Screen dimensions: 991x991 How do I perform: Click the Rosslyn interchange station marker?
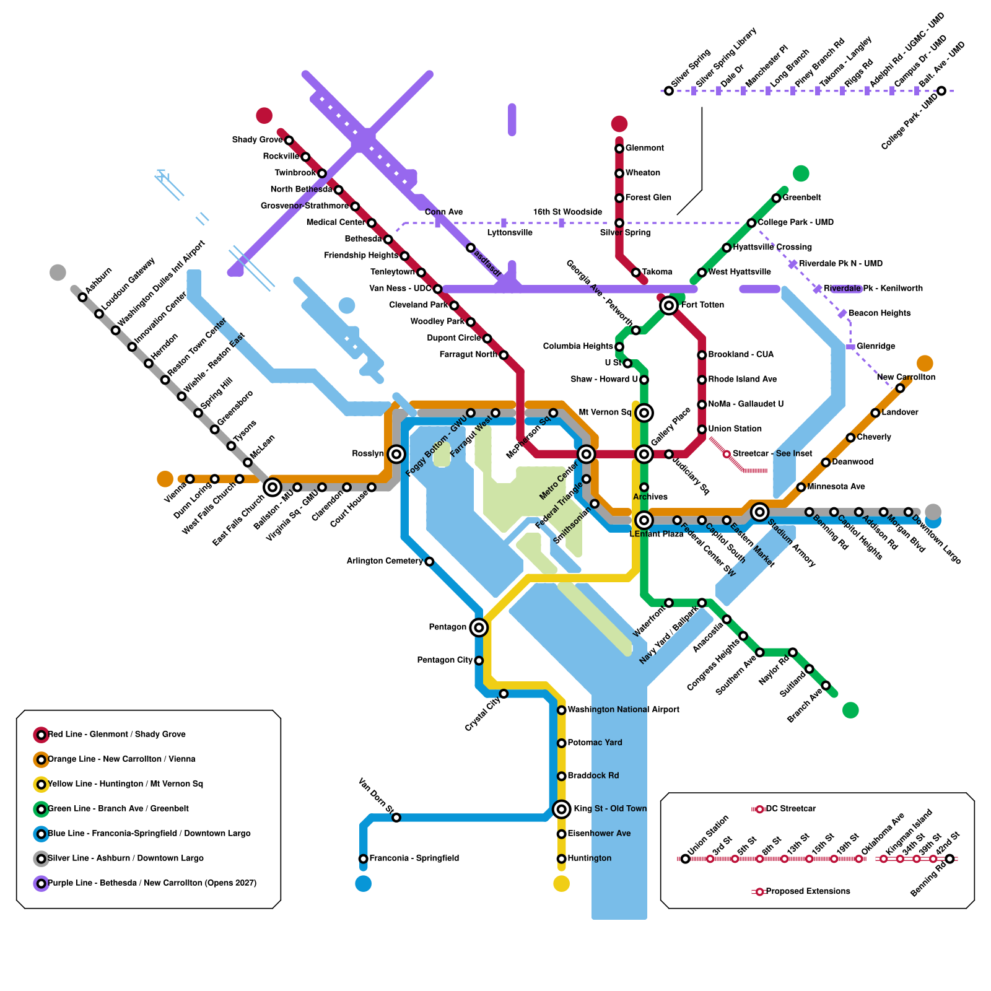(396, 454)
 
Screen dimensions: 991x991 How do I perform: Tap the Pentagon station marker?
(478, 627)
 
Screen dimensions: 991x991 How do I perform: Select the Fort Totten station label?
(702, 305)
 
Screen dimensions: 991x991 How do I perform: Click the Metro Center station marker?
(586, 454)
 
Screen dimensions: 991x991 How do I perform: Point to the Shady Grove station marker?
(289, 141)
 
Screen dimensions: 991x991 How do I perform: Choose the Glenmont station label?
(644, 148)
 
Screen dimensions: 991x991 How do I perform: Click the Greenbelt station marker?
(776, 198)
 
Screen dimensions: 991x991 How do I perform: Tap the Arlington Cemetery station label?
(385, 561)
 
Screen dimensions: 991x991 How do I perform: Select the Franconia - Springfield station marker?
(364, 858)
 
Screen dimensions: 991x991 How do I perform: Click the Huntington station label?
(589, 858)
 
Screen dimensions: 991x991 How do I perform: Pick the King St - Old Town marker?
(561, 809)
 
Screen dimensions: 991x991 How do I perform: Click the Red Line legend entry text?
(116, 735)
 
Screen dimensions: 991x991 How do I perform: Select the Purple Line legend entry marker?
(41, 883)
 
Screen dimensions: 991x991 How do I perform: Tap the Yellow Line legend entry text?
(125, 784)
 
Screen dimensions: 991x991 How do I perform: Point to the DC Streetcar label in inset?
(791, 809)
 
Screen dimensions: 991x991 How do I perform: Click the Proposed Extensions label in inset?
(808, 891)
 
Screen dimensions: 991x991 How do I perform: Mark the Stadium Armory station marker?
(759, 512)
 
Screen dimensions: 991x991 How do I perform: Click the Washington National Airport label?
(623, 710)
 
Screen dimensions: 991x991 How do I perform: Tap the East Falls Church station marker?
(273, 487)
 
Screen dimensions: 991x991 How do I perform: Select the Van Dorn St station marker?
(396, 818)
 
